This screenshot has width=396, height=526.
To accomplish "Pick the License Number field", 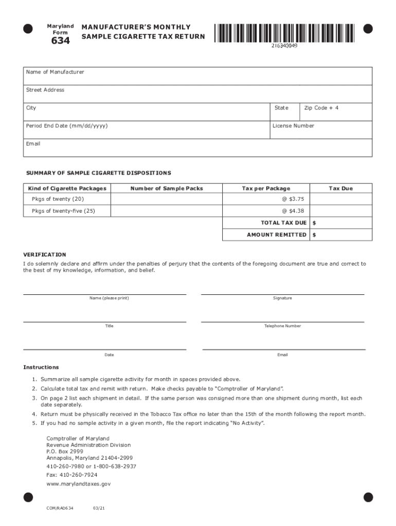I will (x=321, y=130).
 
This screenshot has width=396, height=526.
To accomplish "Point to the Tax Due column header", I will (x=340, y=189).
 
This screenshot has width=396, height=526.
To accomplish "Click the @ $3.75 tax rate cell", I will (x=265, y=199).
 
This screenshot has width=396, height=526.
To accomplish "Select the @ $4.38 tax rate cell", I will (x=265, y=211).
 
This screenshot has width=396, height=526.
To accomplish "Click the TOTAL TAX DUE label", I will (x=283, y=223).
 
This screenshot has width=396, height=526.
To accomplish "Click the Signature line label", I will (x=282, y=298).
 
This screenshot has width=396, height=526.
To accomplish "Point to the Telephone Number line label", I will (x=282, y=326).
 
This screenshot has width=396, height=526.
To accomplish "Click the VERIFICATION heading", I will (x=45, y=255).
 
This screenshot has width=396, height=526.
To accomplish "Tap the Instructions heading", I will (x=41, y=368).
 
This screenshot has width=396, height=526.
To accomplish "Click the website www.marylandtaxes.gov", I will (x=78, y=484).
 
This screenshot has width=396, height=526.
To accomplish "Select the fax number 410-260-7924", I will (x=71, y=475).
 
